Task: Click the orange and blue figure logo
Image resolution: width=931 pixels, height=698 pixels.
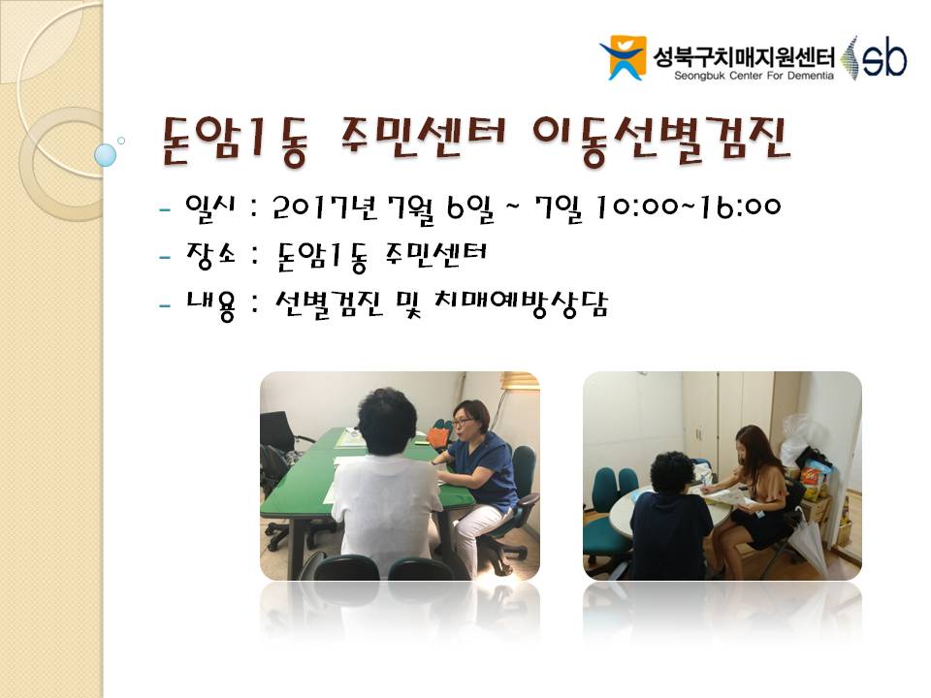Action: pos(623,57)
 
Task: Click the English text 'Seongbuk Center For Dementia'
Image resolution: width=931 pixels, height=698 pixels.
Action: pos(754,76)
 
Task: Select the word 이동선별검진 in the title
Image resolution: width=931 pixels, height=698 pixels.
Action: pos(660,140)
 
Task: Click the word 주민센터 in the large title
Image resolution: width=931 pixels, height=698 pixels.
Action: pos(422,138)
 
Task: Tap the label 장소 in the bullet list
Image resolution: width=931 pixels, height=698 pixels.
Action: pos(210,255)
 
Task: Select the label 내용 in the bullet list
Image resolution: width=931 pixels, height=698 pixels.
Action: pos(210,305)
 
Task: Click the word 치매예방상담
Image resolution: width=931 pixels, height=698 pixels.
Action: pos(521,304)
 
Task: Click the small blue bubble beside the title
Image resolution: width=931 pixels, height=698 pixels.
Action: pos(105,155)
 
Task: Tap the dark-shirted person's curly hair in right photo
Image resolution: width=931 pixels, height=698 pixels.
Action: pos(673,472)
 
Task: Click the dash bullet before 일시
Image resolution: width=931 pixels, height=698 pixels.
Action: pos(165,209)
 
